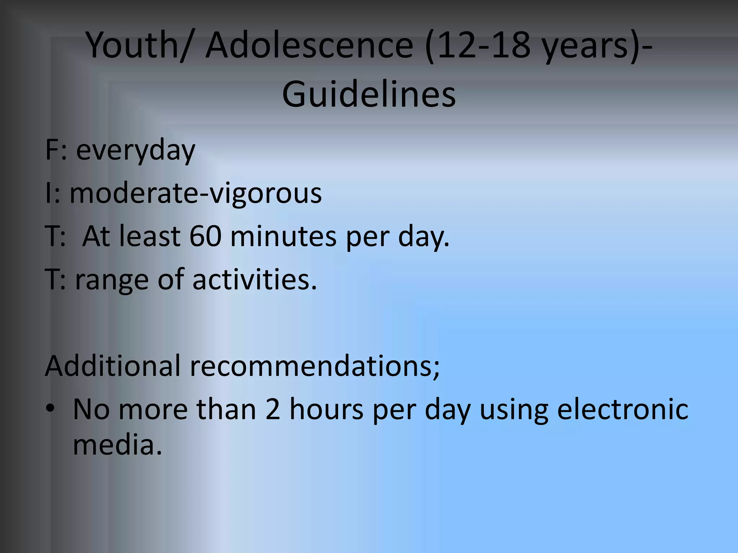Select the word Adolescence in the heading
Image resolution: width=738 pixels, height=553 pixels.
pos(309,45)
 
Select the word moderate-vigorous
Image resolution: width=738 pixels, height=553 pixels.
pos(195,193)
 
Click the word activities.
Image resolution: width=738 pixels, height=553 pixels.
pos(254,280)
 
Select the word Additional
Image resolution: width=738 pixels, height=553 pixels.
pos(112,366)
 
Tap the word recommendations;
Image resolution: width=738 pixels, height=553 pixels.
pos(315,366)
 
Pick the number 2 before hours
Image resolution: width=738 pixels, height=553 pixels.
pos(273,409)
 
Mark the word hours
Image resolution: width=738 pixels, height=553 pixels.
pos(326,409)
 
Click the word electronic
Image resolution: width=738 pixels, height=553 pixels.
pos(623,409)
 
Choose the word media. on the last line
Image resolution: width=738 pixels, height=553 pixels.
pos(117,445)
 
